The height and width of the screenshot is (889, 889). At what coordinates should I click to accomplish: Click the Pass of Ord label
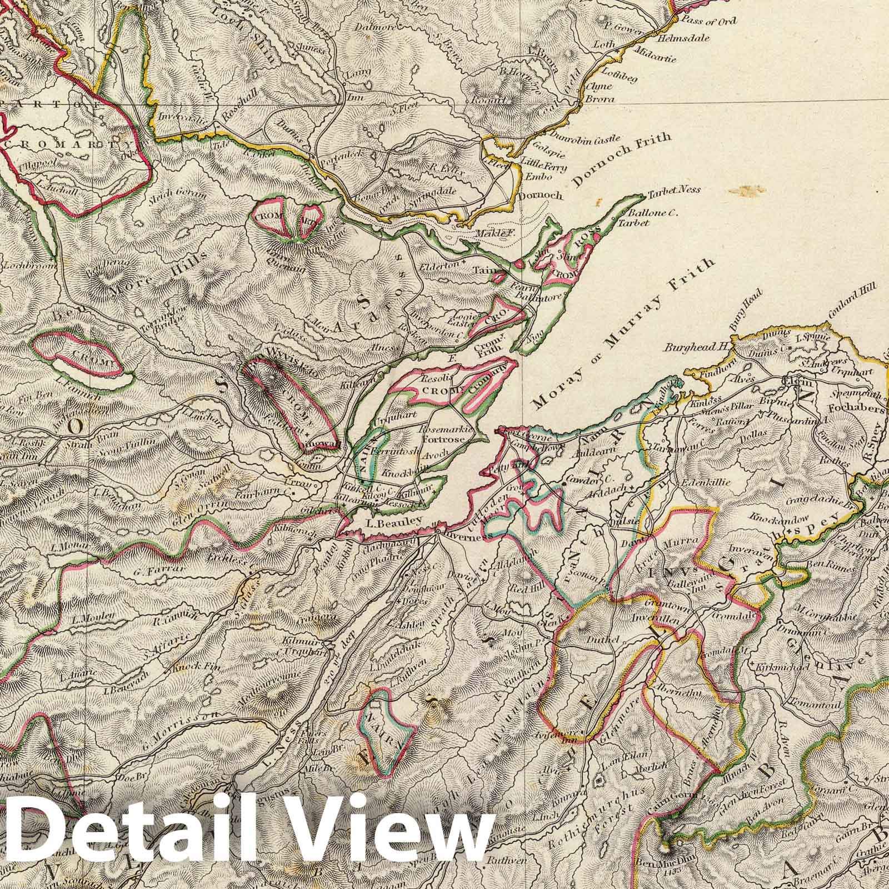click(x=711, y=22)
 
